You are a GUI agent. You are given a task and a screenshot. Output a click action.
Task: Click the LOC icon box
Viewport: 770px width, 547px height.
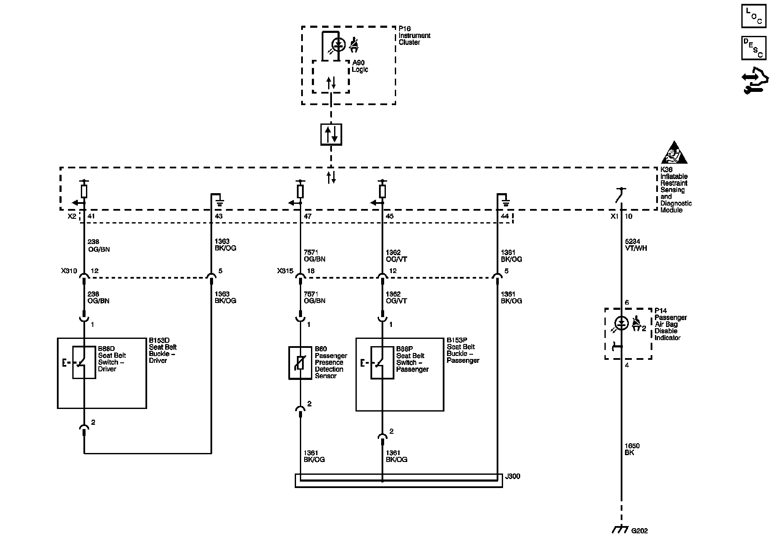point(753,16)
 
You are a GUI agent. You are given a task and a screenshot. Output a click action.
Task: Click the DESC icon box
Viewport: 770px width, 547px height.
point(753,48)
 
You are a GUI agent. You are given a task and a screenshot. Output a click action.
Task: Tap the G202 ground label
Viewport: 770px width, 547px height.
point(640,531)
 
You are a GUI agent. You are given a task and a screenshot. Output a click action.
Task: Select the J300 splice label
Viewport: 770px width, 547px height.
point(512,476)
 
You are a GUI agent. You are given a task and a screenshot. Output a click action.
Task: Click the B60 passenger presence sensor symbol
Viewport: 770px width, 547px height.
point(300,363)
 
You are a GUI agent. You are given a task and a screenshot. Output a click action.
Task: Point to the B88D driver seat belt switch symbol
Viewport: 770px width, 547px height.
point(84,362)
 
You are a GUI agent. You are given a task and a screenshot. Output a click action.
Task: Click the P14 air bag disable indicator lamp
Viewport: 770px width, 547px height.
point(622,323)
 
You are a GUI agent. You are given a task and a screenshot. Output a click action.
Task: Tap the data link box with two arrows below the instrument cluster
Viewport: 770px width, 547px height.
point(331,134)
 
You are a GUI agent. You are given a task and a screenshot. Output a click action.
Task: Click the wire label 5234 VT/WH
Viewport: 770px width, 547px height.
point(635,245)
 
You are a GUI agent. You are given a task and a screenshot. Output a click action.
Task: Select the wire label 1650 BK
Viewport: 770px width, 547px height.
point(632,449)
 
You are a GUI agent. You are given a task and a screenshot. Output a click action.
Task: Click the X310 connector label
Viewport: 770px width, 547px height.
point(69,271)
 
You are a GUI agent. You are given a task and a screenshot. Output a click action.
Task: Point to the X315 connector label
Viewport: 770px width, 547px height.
point(285,271)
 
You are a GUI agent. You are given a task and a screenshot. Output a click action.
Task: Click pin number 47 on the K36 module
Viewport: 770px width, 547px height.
point(308,217)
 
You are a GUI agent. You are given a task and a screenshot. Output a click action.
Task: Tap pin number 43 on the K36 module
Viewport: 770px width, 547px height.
point(219,217)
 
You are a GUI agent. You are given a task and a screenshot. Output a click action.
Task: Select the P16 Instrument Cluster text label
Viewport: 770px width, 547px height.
point(415,35)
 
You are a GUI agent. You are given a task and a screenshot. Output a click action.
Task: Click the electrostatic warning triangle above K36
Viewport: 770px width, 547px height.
point(674,153)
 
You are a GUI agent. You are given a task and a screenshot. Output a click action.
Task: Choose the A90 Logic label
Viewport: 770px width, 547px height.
point(360,66)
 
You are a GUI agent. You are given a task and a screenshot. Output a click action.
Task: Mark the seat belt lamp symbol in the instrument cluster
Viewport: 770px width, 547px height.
point(338,44)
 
